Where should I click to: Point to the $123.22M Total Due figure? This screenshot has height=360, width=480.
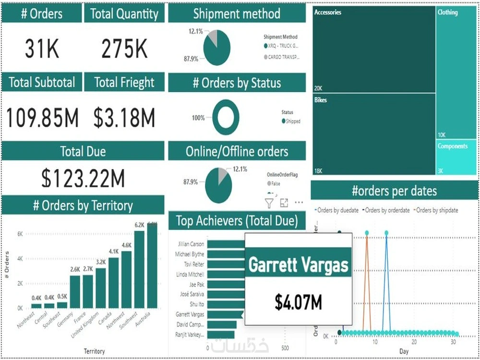pos(83,179)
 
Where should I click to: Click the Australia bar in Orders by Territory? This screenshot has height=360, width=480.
pos(152,265)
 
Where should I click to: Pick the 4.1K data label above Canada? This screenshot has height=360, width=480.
pos(114,251)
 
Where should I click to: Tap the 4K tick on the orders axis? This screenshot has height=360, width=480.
pos(20,258)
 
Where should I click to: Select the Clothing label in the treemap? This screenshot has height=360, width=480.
pos(447,12)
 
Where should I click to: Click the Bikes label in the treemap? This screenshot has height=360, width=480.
pos(321,100)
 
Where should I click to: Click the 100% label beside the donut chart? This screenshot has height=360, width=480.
pos(198,118)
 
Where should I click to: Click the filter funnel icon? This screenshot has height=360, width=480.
pos(269,203)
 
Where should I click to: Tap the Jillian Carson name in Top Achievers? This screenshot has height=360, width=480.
pos(191,244)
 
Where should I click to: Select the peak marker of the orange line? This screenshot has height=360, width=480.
pos(367,233)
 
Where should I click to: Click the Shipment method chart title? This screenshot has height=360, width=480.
pos(237,14)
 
